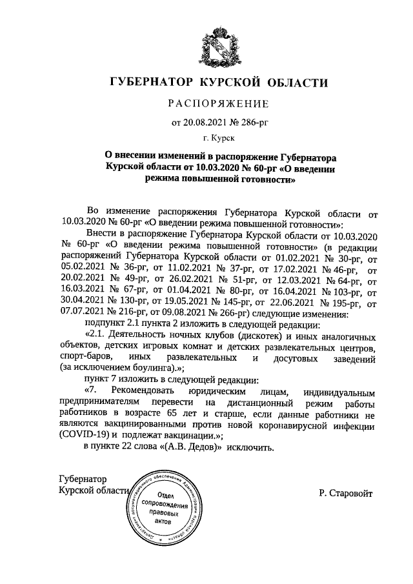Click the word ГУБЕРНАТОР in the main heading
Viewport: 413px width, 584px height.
153,83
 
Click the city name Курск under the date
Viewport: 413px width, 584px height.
223,137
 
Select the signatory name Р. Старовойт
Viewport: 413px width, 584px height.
345,493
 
